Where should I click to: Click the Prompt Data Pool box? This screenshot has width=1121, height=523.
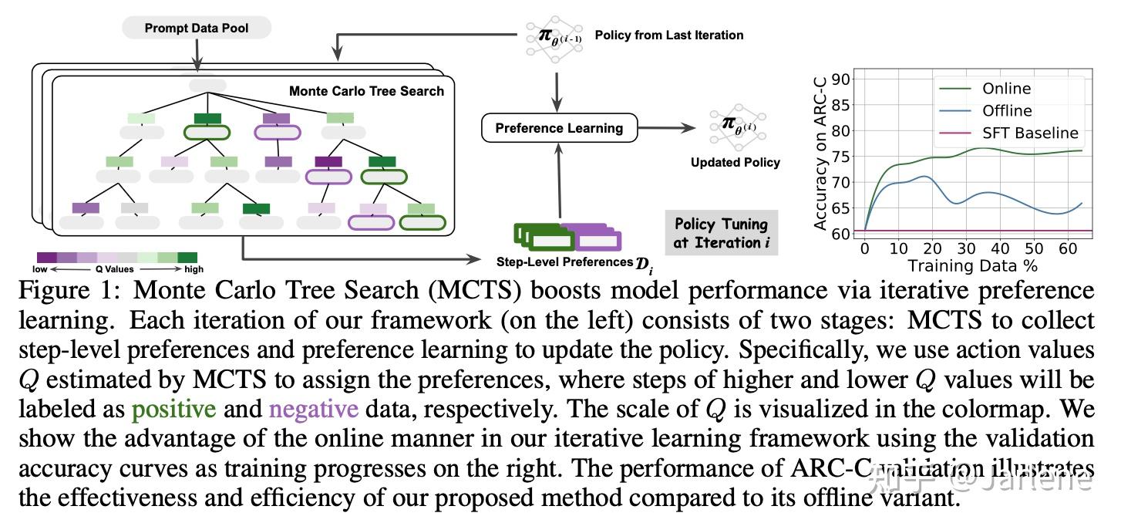[x=197, y=29]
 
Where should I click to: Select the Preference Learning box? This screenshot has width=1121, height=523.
[x=559, y=128]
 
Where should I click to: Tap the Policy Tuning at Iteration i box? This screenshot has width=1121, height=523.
[x=721, y=233]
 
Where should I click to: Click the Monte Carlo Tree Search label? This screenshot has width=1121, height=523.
[x=366, y=91]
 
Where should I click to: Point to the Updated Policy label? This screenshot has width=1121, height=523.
[x=735, y=162]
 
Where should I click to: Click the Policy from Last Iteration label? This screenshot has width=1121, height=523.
[x=669, y=35]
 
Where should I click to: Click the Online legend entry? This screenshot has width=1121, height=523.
[x=1006, y=89]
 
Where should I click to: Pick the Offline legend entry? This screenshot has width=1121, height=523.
[x=1007, y=111]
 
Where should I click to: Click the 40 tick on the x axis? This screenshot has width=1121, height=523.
[x=1000, y=249]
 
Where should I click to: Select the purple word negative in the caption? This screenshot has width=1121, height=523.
[x=313, y=408]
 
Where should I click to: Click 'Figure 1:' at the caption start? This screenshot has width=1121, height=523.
[x=67, y=291]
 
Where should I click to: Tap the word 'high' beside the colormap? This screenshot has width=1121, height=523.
[x=194, y=270]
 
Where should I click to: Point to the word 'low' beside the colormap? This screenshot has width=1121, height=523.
[x=39, y=270]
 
